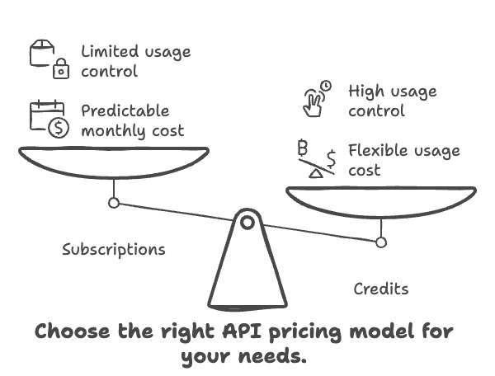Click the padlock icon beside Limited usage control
point(61,68)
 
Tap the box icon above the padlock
point(42,53)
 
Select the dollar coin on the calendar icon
point(59,128)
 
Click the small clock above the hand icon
point(326,86)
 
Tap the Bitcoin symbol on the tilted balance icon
point(303,148)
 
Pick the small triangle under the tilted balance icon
point(316,173)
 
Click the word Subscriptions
point(114,250)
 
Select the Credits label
point(381,289)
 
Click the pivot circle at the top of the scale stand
point(247,223)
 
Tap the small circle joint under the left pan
point(114,203)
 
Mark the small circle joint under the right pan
point(381,242)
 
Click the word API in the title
point(242,331)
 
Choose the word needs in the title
point(272,356)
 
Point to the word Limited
point(110,51)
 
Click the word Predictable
point(125,110)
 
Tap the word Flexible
point(379,150)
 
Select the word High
point(366,92)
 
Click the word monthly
point(113,131)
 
